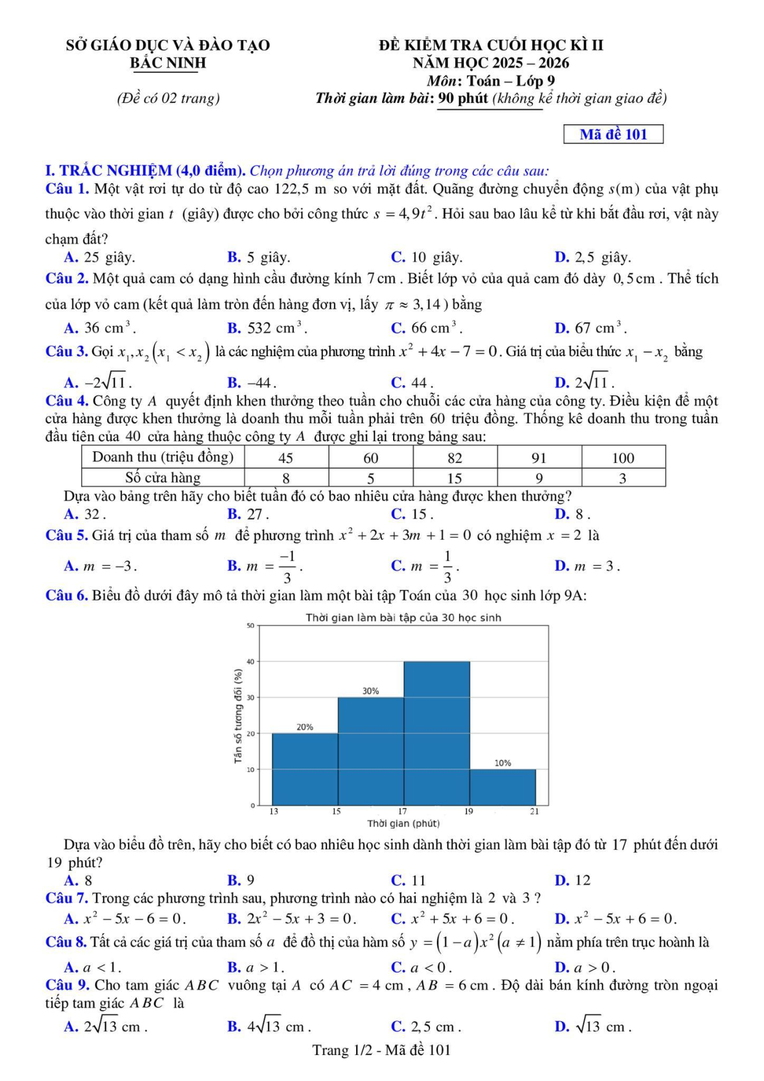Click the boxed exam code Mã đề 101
(613, 134)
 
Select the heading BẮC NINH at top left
(168, 63)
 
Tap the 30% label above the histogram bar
(370, 691)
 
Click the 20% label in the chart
(305, 727)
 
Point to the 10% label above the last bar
(503, 763)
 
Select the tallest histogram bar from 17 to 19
(437, 733)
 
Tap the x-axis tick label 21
(534, 812)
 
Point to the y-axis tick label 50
(250, 626)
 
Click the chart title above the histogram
(404, 618)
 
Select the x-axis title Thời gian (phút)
(404, 823)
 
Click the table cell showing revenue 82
(455, 458)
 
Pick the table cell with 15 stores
(455, 478)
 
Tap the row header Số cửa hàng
(163, 478)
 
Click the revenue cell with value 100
(623, 458)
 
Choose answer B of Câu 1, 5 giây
(259, 258)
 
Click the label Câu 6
(67, 595)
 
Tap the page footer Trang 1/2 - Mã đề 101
(381, 1050)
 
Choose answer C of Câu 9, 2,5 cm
(426, 1027)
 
